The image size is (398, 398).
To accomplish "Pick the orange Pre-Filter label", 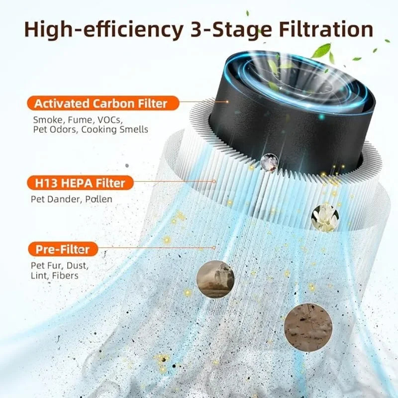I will click(x=63, y=249).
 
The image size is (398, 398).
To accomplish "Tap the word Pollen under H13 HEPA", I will click(x=99, y=199).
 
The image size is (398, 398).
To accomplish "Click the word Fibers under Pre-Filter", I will click(x=65, y=275).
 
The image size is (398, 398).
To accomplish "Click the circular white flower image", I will click(x=325, y=217).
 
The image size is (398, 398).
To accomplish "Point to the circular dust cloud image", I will click(x=215, y=280).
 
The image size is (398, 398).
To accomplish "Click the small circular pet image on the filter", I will click(x=270, y=162).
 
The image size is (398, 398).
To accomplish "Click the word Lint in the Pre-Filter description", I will click(x=41, y=275).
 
